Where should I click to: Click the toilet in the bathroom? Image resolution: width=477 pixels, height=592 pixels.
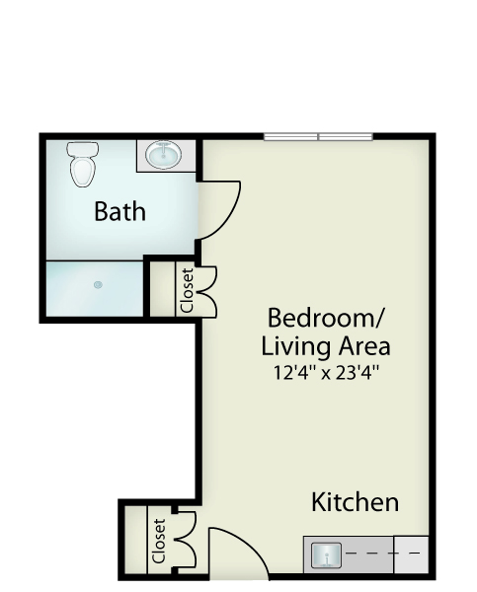[x=82, y=164]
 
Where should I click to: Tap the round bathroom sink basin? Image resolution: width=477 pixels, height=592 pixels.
[x=164, y=155]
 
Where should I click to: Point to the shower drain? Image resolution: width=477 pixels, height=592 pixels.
[x=98, y=284]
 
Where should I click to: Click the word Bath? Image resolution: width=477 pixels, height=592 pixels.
[x=119, y=211]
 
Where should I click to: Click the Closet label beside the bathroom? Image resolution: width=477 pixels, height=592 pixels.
[x=188, y=290]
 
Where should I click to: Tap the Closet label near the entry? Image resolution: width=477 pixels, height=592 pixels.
[x=159, y=541]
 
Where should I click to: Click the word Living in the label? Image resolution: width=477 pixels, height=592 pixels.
[x=296, y=346]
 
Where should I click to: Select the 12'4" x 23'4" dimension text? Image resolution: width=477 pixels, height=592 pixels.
[x=326, y=373]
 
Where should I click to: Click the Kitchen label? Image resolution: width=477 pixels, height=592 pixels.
[x=355, y=502]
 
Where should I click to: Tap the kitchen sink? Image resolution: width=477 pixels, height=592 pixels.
[x=326, y=555]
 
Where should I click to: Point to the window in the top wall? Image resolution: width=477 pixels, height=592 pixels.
[x=318, y=137]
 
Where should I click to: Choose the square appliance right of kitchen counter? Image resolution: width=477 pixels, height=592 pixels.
[x=411, y=554]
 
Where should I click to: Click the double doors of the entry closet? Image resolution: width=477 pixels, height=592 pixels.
[x=187, y=540]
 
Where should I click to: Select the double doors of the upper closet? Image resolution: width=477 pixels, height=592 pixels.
[x=207, y=291]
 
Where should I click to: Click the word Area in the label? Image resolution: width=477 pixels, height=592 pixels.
[x=364, y=346]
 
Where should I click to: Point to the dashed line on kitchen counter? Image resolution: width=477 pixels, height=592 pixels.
[x=382, y=554]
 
